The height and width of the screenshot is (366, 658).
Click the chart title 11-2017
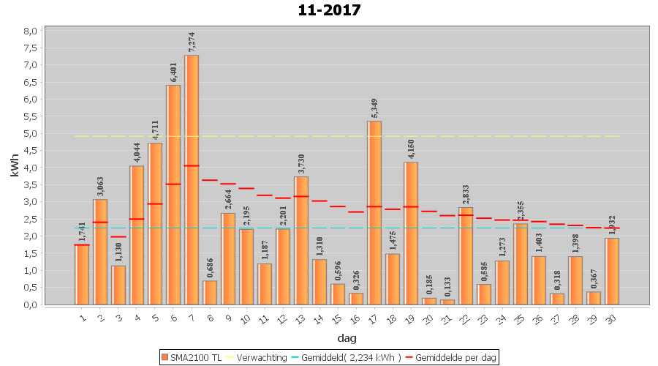click(x=329, y=10)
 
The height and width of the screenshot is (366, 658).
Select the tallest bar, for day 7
click(x=192, y=179)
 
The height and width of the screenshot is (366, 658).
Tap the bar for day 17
click(x=374, y=212)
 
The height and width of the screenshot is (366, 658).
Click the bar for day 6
click(x=173, y=195)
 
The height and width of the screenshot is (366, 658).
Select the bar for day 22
click(x=466, y=255)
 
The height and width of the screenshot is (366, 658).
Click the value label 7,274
click(x=192, y=41)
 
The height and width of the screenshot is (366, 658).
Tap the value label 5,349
click(x=374, y=107)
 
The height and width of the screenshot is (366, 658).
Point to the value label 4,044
click(x=137, y=152)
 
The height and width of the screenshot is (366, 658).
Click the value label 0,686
click(x=210, y=267)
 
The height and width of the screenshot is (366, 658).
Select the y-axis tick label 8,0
click(x=30, y=31)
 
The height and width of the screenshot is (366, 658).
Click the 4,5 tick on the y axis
click(x=30, y=151)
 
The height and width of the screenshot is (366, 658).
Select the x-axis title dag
click(x=347, y=338)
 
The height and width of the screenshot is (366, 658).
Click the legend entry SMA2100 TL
click(x=191, y=357)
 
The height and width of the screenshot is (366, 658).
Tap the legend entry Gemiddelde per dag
click(x=453, y=357)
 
